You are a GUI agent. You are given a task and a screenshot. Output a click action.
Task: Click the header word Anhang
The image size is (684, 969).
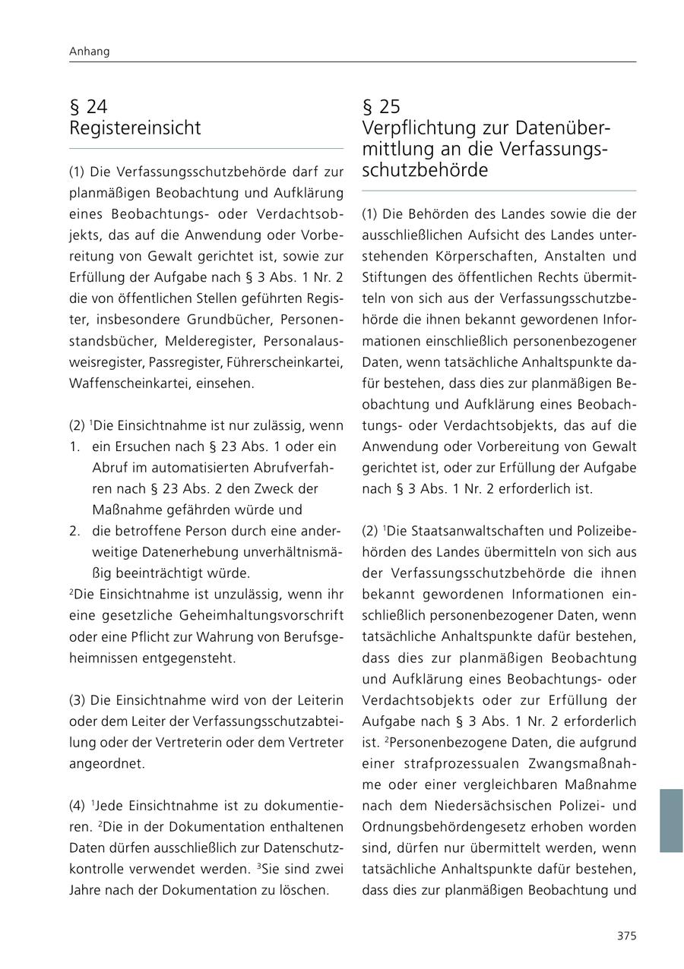coord(89,52)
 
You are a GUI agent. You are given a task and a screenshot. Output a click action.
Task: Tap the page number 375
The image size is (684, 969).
coord(626,936)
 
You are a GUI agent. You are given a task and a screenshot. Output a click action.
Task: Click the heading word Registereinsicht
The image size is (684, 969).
coord(135,128)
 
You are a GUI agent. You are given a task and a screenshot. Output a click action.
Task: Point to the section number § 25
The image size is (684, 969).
coord(382,106)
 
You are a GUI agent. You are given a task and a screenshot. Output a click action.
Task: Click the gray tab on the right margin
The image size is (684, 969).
coord(670,820)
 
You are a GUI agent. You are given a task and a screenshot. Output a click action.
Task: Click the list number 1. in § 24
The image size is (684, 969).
coord(74,447)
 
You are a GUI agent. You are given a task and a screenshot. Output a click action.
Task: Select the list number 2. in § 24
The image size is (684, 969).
coord(74,531)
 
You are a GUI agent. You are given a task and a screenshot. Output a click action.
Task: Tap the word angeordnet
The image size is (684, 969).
coord(106,764)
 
